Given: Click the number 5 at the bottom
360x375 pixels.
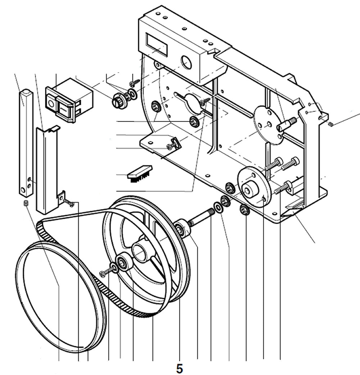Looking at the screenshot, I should pyautogui.click(x=180, y=368).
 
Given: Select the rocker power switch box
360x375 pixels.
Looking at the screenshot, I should pyautogui.click(x=68, y=99).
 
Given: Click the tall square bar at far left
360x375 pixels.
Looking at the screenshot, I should pyautogui.click(x=26, y=142).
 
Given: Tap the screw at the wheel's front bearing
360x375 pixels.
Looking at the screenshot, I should pyautogui.click(x=105, y=273).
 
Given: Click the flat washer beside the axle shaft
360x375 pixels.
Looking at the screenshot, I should pyautogui.click(x=218, y=207).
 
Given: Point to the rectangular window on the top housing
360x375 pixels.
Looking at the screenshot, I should pyautogui.click(x=157, y=44).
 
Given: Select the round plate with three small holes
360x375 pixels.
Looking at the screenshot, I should pyautogui.click(x=268, y=125).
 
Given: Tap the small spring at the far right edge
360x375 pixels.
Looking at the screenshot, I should pyautogui.click(x=331, y=124).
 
